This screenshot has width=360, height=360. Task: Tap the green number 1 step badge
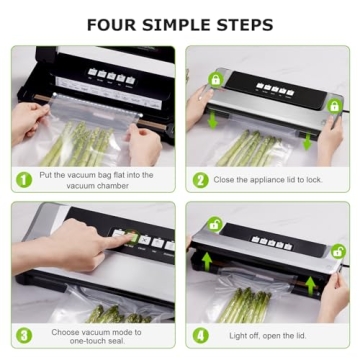click(x=22, y=180)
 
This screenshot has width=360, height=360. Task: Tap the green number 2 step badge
click(x=200, y=180)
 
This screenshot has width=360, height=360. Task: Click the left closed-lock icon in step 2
click(x=215, y=78)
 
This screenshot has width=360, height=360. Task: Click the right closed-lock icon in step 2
click(x=335, y=105)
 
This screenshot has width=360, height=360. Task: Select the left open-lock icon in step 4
click(x=213, y=224)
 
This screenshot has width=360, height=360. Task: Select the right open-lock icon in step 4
click(x=337, y=251)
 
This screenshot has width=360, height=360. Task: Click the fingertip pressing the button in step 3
click(x=117, y=236)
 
